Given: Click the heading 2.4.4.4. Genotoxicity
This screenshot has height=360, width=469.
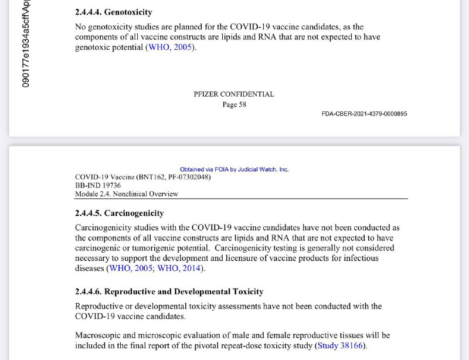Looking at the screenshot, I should point(114,12).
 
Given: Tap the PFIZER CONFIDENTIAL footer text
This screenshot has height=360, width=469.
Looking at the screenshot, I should point(233,94).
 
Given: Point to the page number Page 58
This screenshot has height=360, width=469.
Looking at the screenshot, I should point(233,104).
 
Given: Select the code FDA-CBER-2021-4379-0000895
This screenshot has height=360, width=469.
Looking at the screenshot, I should point(364,114).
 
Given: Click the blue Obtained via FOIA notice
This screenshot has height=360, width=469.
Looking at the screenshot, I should point(234,169).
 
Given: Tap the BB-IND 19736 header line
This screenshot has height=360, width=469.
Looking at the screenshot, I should point(98,185).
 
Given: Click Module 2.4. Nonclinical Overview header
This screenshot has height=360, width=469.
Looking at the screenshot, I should point(127,194).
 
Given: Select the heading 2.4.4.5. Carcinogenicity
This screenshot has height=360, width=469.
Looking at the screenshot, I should point(119,213).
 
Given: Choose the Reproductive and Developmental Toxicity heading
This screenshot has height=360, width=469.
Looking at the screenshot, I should point(169,291).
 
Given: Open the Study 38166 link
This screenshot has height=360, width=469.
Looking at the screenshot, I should point(340,346).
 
